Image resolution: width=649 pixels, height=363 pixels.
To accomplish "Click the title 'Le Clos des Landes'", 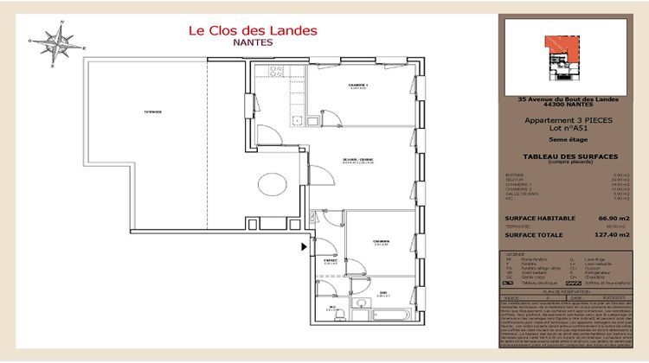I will point(253,31).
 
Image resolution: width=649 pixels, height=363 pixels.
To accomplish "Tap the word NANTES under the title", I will point(253,42).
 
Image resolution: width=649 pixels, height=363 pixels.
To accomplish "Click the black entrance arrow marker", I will point(304,246).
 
